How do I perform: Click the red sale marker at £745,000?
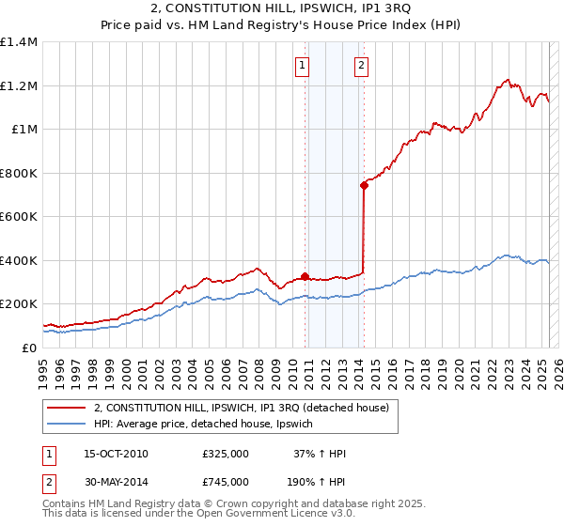pos(364,185)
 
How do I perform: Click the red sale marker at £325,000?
pos(305,276)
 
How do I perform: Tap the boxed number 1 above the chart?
pos(303,65)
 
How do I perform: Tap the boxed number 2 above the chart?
pos(362,65)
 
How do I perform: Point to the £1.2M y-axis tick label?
pos(19,85)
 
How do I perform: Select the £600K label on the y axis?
pos(19,217)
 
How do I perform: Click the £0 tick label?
pos(28,348)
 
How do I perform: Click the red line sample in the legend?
pos(66,408)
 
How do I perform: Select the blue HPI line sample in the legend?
pos(66,425)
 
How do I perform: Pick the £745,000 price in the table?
pos(225,481)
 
